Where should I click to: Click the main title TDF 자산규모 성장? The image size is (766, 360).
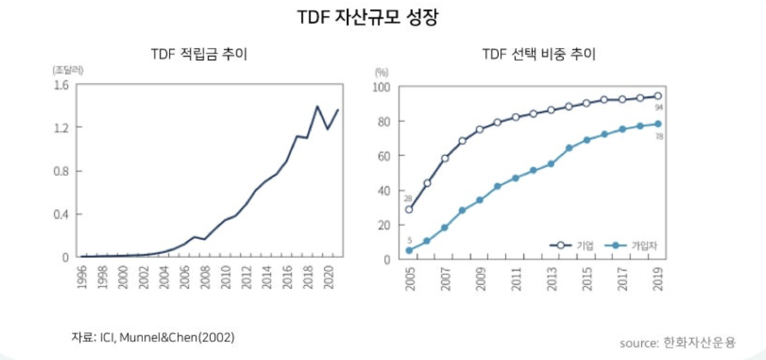coord(367,18)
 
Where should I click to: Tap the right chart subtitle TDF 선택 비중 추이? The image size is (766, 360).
coord(539,55)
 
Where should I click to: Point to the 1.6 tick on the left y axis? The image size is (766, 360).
coord(61,85)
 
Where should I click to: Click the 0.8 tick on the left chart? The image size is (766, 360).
coord(61,171)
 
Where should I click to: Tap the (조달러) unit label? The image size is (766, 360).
coord(68,69)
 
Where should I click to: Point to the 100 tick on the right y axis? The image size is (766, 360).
coord(381,87)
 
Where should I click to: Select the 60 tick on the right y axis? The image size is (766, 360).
coord(384,156)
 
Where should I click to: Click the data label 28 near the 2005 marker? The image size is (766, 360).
coord(408,199)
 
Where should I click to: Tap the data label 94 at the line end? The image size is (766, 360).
coord(658,108)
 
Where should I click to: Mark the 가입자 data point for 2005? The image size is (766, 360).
coord(409,250)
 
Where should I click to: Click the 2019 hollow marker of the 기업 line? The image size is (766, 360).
coord(658,96)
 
